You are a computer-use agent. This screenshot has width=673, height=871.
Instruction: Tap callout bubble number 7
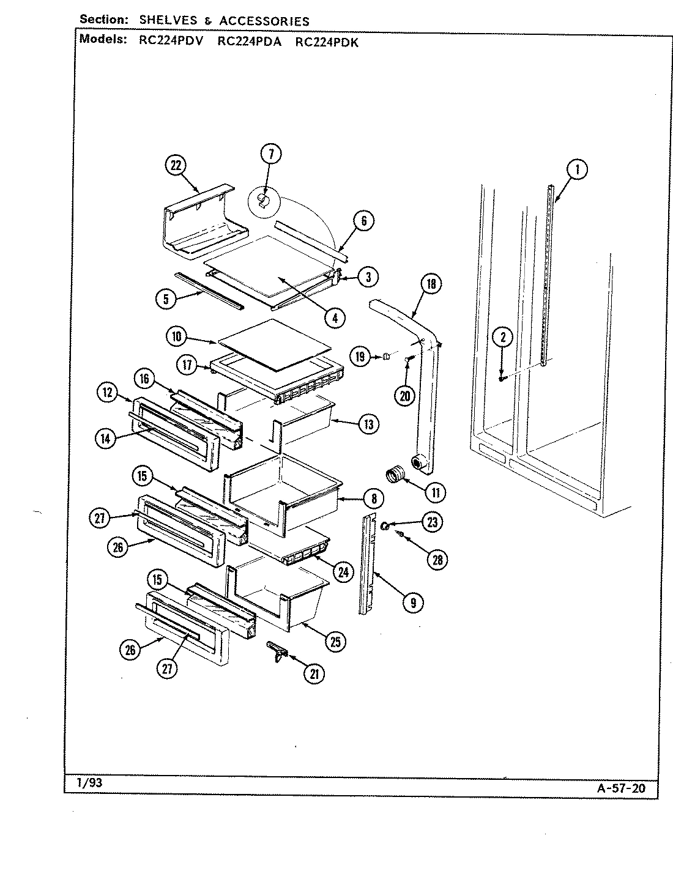(x=270, y=154)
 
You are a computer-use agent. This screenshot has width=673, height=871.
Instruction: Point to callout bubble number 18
(x=431, y=284)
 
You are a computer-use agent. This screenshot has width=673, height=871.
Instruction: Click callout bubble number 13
(x=368, y=424)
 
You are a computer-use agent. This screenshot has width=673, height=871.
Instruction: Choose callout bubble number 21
(x=314, y=674)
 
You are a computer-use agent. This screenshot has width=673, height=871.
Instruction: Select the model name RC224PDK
(x=327, y=42)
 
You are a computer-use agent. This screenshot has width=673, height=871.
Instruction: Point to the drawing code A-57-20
(x=620, y=788)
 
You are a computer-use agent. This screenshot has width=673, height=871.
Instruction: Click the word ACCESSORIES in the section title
(x=264, y=21)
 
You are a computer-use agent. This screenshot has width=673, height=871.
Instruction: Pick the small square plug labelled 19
(x=387, y=356)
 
